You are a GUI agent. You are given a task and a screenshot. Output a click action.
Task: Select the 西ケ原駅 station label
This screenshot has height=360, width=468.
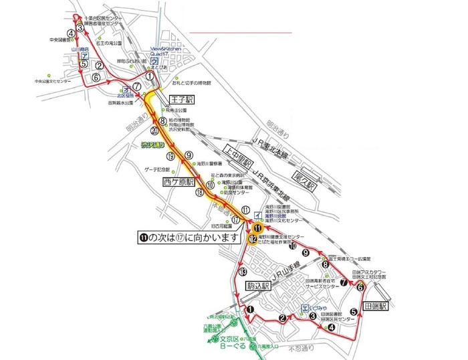click(x=177, y=181)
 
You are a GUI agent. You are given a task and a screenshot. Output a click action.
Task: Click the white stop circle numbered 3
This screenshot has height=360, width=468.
click(x=80, y=28)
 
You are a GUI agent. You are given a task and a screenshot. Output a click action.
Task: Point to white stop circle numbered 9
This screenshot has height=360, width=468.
click(x=189, y=153)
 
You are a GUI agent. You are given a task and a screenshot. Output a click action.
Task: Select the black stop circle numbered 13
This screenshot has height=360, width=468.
click(x=242, y=271)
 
